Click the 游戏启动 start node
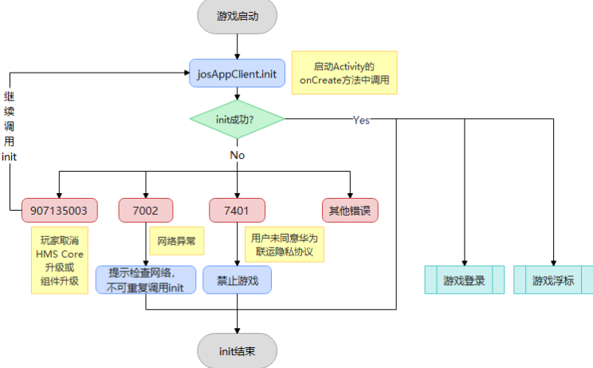237,16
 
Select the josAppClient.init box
237,73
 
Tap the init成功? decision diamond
237,120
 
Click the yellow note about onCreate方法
344,73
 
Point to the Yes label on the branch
361,120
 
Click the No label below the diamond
237,155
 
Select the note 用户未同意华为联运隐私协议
285,244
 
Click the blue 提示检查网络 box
144,280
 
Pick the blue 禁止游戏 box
237,280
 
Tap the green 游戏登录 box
464,281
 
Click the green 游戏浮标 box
553,281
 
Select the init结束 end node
237,350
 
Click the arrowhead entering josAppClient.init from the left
185,73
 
